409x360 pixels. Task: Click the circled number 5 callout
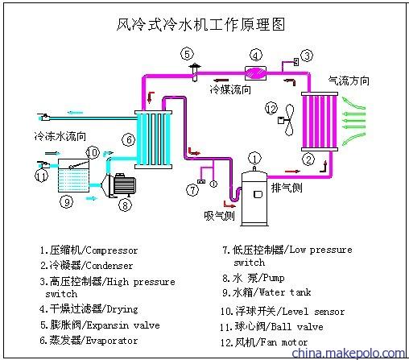(187, 54)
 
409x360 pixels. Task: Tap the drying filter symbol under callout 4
(255, 73)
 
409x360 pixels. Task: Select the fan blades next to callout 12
(289, 120)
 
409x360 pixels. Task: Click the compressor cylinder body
(254, 199)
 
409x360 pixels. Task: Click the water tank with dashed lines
(73, 176)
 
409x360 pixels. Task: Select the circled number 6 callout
(129, 140)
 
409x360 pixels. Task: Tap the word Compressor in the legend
(112, 250)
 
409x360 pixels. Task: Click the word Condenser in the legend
(109, 266)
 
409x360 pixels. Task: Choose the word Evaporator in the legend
(112, 341)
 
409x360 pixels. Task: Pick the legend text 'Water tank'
(285, 292)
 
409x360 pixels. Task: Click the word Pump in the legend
(274, 278)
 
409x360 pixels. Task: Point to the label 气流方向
(349, 81)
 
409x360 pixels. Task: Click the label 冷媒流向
(230, 89)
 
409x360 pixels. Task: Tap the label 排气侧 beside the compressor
(287, 188)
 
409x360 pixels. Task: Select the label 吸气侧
(219, 216)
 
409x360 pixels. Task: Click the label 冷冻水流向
(60, 136)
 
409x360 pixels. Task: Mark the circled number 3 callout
(307, 56)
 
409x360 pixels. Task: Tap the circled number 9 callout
(67, 201)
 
